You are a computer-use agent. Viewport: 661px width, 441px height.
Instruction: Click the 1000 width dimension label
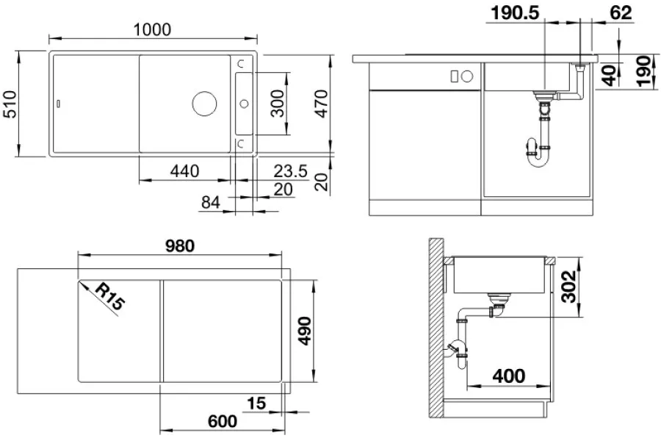[x=152, y=29]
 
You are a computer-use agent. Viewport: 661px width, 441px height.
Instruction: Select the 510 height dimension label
[x=10, y=104]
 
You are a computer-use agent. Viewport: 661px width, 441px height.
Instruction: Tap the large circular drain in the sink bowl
[x=204, y=103]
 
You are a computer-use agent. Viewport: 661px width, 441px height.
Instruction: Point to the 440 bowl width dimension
[x=184, y=171]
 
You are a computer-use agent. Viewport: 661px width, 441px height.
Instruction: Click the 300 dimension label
[x=278, y=104]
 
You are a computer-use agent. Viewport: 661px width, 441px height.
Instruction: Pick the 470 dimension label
[x=321, y=104]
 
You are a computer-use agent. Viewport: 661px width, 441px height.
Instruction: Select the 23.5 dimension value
[x=290, y=171]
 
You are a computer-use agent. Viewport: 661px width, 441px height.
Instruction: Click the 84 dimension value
[x=210, y=203]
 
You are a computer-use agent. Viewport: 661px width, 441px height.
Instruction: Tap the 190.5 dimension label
[x=515, y=13]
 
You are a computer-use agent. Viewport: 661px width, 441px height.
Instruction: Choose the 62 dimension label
[x=621, y=13]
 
